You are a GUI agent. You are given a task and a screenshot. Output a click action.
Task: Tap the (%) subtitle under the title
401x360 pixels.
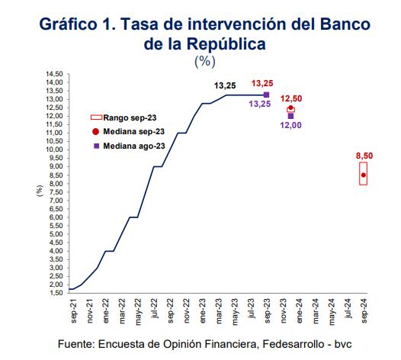tap(205, 60)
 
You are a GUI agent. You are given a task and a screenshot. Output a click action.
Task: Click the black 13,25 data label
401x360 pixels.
tap(226, 85)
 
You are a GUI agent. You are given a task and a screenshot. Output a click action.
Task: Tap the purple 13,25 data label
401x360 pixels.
tap(260, 104)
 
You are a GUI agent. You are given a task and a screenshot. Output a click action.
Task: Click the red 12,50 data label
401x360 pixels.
tap(291, 98)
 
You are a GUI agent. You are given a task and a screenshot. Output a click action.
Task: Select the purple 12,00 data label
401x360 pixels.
tap(291, 124)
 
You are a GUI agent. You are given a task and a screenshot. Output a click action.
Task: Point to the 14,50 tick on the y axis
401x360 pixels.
tap(54, 75)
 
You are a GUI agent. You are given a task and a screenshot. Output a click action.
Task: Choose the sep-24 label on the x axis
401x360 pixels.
tap(364, 309)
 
